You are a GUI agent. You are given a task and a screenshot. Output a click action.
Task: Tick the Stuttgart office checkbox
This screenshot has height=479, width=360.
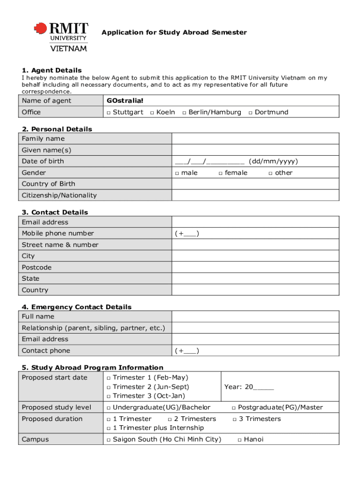[x=108, y=112]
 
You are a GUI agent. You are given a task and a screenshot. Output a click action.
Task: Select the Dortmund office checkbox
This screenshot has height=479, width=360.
[x=251, y=112]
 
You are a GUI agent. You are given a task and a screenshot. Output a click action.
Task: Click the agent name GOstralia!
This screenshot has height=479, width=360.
[x=125, y=101]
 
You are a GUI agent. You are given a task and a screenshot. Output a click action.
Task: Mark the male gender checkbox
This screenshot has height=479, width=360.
[x=177, y=173]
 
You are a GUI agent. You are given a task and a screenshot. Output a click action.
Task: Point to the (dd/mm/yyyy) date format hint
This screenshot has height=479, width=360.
[x=273, y=161]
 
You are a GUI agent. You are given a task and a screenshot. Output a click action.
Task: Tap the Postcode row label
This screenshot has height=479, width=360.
[x=36, y=268]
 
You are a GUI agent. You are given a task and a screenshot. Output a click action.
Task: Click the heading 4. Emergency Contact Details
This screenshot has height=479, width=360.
[x=76, y=307]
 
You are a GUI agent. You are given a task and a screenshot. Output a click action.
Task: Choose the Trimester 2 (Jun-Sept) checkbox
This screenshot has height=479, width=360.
[x=108, y=387]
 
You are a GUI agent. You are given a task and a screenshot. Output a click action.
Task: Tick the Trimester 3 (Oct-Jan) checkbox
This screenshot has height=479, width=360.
[x=108, y=396]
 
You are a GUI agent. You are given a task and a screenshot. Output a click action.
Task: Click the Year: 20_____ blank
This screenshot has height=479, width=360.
[x=264, y=387]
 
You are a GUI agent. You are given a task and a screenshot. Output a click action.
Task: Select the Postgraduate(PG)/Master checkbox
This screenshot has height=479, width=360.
[x=234, y=408]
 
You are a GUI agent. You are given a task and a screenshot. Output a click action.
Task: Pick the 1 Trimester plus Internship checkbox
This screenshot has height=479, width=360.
[x=108, y=428]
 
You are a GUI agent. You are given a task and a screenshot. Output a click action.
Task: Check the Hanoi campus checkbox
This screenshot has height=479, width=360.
[x=239, y=440]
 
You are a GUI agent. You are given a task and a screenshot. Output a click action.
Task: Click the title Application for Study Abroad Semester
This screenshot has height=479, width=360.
[x=174, y=32]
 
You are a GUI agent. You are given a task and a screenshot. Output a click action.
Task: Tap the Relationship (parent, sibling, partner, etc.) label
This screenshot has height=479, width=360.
[x=93, y=328]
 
